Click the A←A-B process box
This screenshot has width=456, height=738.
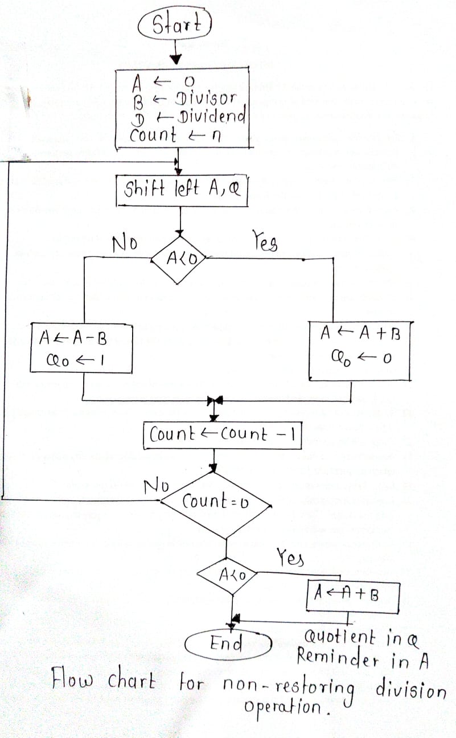click(81, 348)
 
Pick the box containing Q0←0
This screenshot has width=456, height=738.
click(359, 351)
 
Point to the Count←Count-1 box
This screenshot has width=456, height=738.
click(222, 435)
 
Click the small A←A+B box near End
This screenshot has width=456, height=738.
click(352, 596)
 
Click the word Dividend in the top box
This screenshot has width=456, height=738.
click(211, 117)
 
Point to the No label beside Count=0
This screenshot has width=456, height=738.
click(155, 486)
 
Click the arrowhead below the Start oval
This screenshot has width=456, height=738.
click(176, 59)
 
